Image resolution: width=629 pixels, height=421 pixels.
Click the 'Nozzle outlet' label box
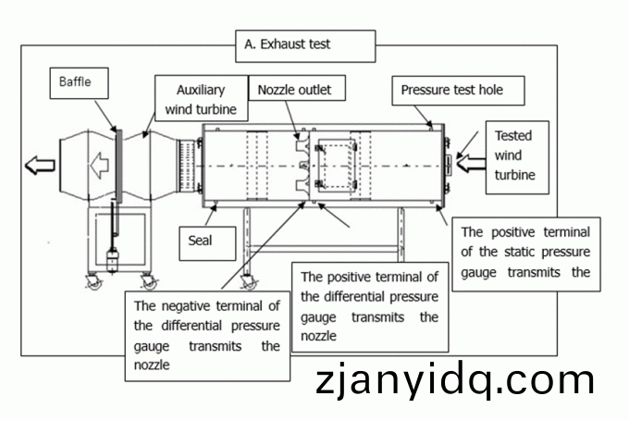295,90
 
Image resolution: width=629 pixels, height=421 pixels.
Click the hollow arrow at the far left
40,166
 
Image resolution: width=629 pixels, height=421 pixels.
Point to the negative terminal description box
206,334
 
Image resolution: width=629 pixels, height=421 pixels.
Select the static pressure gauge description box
524,253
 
